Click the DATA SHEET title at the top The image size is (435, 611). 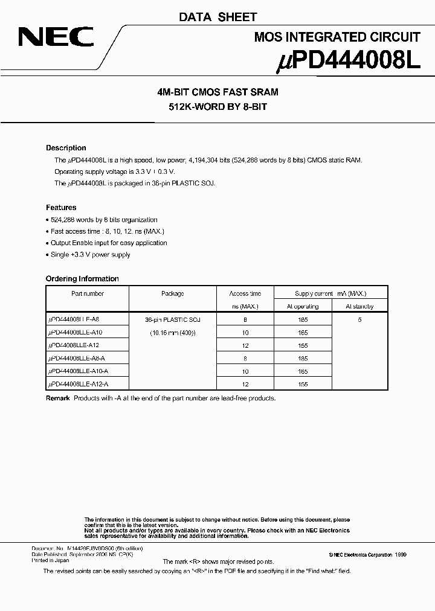(x=217, y=18)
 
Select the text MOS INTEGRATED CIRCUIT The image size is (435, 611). (x=337, y=37)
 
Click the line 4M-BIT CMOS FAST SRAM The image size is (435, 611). (x=217, y=92)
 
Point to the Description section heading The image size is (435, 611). (x=66, y=148)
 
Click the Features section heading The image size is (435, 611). (x=61, y=207)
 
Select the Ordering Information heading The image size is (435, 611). (x=82, y=279)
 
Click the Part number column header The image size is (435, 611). (x=88, y=294)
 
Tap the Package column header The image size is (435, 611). (x=172, y=294)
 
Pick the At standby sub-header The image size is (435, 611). (x=359, y=307)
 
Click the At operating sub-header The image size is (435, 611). (x=303, y=307)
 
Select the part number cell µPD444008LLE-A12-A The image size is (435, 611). (x=79, y=384)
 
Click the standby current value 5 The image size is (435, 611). (x=359, y=320)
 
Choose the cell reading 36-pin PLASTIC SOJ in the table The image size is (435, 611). (x=172, y=320)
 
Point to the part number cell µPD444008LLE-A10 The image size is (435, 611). (x=76, y=333)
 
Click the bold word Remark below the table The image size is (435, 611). (x=58, y=398)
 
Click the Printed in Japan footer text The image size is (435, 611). (x=50, y=560)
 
